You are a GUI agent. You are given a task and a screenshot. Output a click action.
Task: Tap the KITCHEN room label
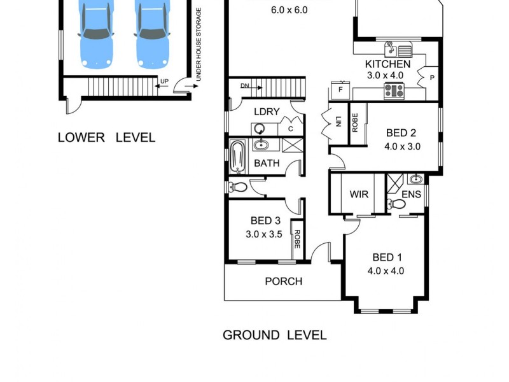click(x=387, y=64)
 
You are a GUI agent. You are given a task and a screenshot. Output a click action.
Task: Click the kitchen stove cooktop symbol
click(x=394, y=91)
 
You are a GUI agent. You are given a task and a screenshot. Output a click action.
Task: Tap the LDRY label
click(x=267, y=111)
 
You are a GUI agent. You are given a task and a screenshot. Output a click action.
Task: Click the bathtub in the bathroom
click(x=237, y=157)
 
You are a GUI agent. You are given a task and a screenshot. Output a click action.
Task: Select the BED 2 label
click(x=401, y=133)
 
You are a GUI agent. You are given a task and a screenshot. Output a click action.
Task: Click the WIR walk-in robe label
click(x=359, y=194)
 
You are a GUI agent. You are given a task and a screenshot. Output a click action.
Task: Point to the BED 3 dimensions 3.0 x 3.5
click(x=265, y=233)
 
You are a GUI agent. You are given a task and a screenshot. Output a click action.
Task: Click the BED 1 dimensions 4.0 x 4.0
click(x=386, y=270)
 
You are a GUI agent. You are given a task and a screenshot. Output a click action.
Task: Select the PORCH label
click(x=283, y=281)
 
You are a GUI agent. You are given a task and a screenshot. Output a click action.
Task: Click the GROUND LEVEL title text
click(x=274, y=335)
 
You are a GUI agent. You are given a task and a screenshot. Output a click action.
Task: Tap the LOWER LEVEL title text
click(x=106, y=138)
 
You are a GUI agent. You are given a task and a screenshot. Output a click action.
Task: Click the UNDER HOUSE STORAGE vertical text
click(x=199, y=45)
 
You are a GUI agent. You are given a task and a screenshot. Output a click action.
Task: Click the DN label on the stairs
click(x=245, y=86)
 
